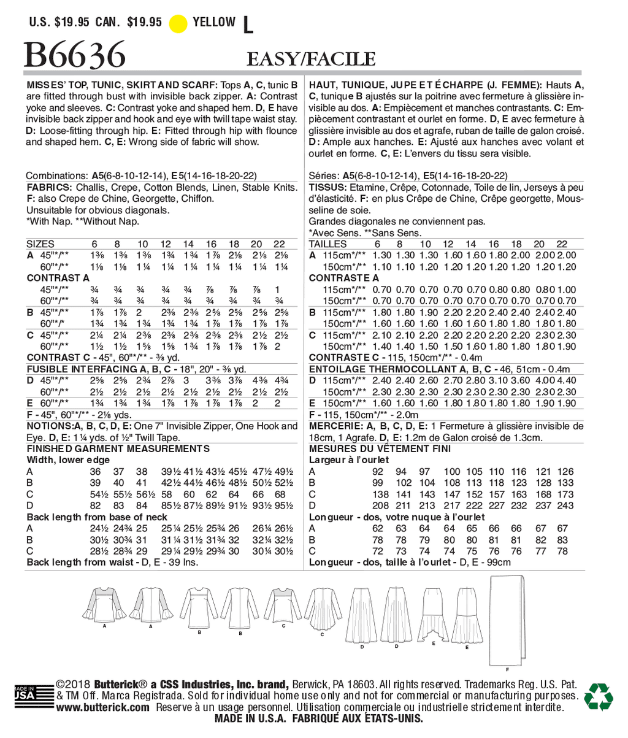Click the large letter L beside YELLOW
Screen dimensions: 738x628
point(248,25)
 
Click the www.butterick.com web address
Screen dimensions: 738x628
point(102,707)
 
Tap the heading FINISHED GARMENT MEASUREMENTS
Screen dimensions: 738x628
point(118,448)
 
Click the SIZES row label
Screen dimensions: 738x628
point(40,244)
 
